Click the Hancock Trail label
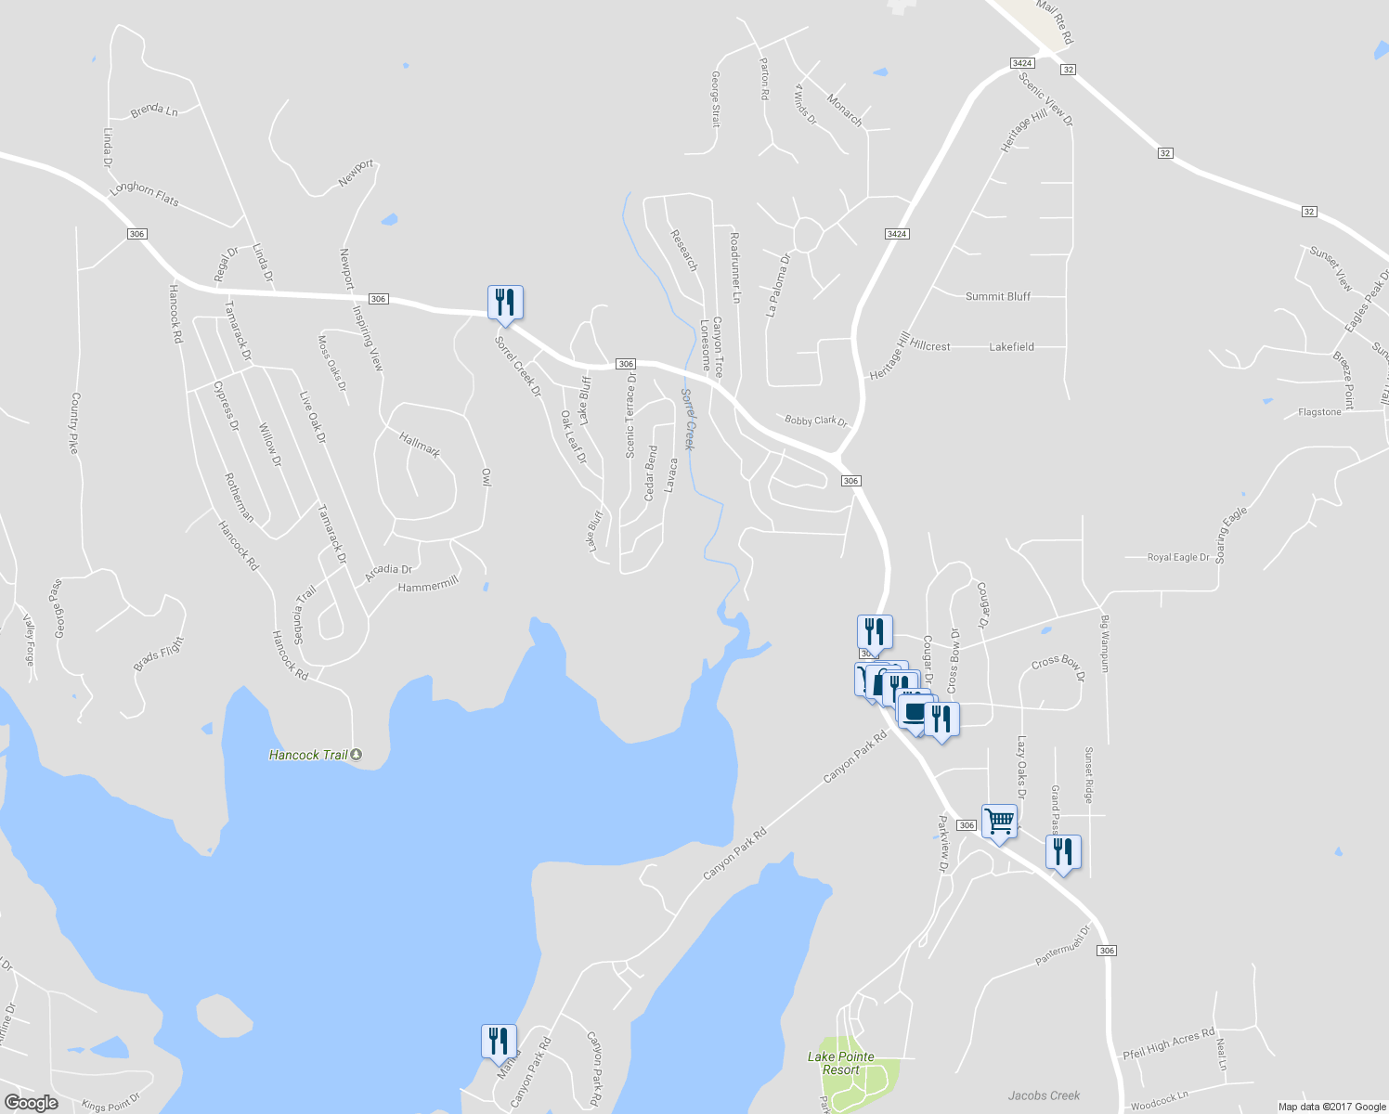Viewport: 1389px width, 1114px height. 308,755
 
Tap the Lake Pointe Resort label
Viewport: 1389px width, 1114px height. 840,1063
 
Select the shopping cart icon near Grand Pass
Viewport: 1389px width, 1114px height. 999,821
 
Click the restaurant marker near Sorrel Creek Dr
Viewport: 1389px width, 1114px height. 505,302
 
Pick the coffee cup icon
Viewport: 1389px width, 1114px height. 914,713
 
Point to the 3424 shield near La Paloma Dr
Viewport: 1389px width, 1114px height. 896,234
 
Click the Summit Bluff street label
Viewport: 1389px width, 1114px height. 998,296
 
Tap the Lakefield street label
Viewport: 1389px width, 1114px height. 1011,346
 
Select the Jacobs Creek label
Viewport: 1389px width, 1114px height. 1044,1095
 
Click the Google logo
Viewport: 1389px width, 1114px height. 31,1102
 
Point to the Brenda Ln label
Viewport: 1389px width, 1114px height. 154,110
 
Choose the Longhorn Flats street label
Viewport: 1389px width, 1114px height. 144,193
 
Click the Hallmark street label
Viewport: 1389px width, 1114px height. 420,445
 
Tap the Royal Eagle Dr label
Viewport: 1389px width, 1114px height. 1178,557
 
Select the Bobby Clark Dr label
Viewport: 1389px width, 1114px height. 816,421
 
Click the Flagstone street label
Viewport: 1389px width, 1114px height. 1319,412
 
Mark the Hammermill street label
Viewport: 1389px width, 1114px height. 428,585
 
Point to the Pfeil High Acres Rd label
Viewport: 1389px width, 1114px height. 1168,1043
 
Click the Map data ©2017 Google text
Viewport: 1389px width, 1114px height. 1331,1107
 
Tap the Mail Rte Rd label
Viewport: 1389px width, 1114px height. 1054,22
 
